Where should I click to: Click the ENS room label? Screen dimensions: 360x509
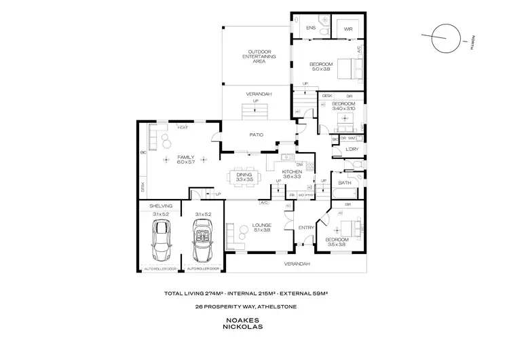[310, 29]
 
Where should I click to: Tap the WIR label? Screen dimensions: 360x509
[347, 29]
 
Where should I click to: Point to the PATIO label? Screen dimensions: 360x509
[255, 134]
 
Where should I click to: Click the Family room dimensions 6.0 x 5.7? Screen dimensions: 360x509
[186, 162]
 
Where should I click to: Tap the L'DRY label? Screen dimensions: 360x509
[352, 149]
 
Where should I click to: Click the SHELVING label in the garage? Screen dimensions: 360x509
[162, 205]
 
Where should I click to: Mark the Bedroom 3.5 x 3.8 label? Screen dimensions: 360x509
[336, 242]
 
